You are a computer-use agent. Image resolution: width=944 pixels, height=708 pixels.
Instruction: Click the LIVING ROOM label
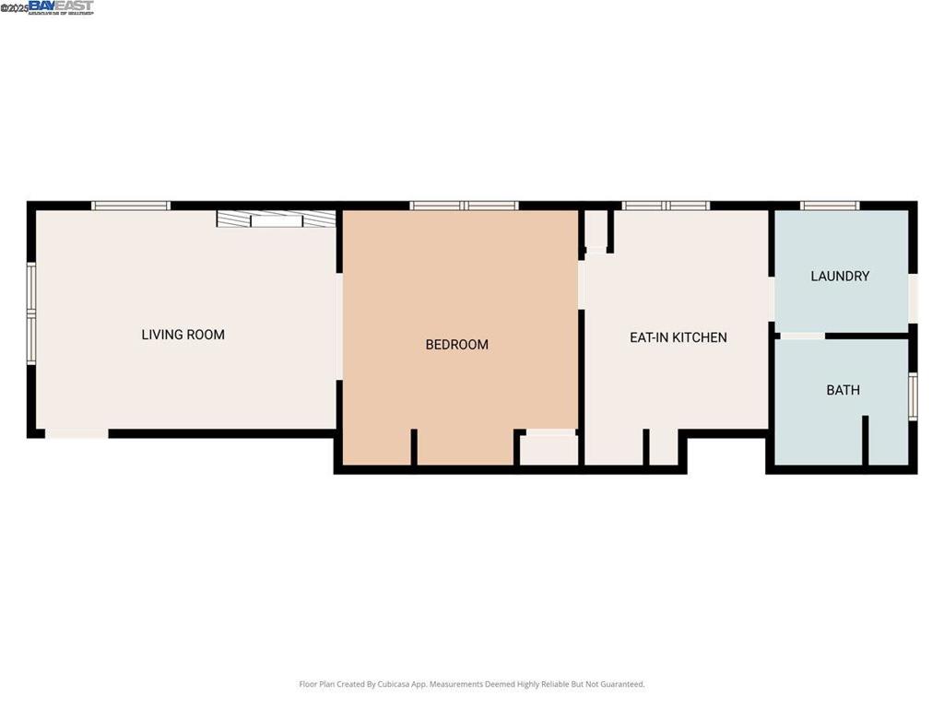click(x=183, y=335)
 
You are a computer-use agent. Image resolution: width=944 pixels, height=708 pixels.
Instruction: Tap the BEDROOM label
click(x=456, y=345)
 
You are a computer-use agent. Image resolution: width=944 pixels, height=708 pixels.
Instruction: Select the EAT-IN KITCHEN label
click(x=678, y=337)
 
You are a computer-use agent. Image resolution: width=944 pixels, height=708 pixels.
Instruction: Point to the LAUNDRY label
click(x=839, y=276)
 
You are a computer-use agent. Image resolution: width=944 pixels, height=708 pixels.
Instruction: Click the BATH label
click(x=843, y=390)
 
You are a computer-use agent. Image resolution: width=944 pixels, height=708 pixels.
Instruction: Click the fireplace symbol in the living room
click(x=276, y=219)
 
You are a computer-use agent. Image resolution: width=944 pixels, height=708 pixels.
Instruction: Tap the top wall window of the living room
click(x=131, y=206)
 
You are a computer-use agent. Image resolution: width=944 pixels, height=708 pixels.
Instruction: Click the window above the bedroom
click(x=464, y=206)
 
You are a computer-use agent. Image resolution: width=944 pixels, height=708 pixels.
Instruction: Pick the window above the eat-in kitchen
click(x=666, y=206)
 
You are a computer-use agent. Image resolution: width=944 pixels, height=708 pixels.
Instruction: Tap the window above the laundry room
click(x=830, y=206)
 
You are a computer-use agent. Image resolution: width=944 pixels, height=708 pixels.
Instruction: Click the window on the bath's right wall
click(x=913, y=395)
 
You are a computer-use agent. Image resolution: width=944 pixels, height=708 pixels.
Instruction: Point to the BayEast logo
click(x=60, y=7)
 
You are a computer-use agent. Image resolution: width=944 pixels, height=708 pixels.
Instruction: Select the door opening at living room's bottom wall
click(x=77, y=433)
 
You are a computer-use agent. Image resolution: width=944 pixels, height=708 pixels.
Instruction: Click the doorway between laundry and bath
click(x=801, y=336)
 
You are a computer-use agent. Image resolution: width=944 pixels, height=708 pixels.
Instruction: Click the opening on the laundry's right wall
click(x=913, y=298)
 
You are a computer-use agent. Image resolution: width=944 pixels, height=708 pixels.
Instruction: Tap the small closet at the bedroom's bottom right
click(x=549, y=450)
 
